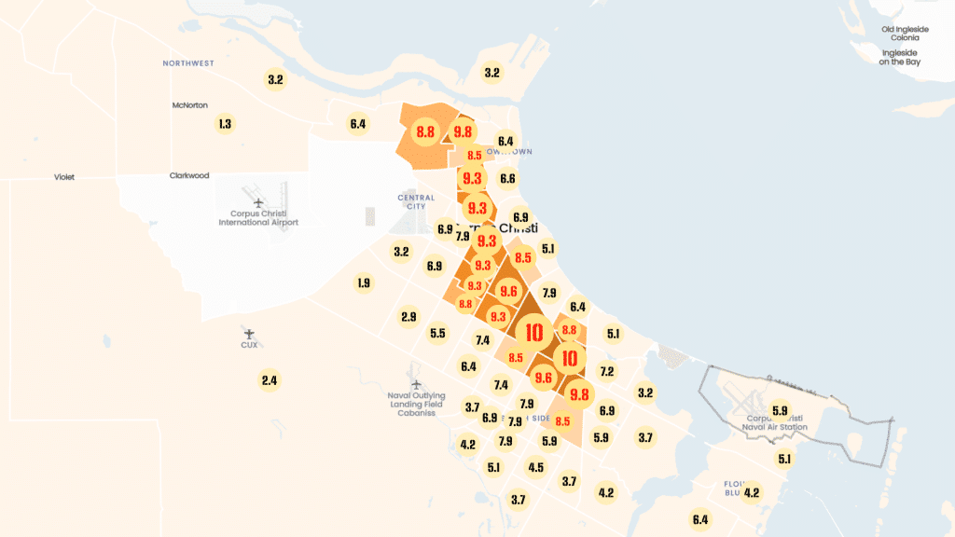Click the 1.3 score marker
(x=224, y=123)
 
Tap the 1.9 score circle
(x=364, y=282)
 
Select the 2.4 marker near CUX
(x=270, y=380)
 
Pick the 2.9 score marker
(x=408, y=317)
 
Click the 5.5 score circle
(x=437, y=333)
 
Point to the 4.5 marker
(x=535, y=467)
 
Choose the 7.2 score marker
(x=607, y=371)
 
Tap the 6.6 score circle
(x=507, y=178)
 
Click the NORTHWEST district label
(x=188, y=63)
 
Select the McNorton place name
(x=190, y=104)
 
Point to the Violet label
(x=64, y=176)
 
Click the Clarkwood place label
(x=189, y=175)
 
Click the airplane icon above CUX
(x=249, y=332)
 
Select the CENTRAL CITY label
(x=416, y=201)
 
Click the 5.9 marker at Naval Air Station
(x=781, y=410)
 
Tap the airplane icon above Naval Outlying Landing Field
(x=417, y=382)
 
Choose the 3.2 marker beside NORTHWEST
(x=275, y=79)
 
